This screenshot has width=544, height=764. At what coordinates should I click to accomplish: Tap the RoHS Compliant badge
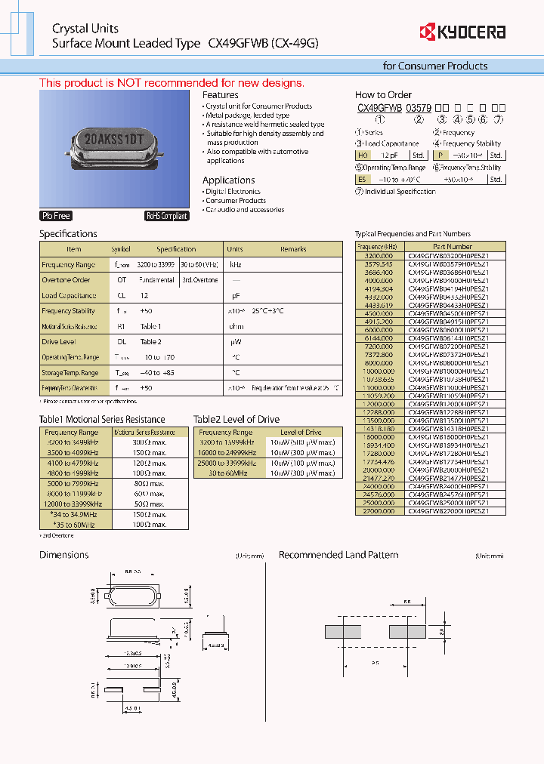166,216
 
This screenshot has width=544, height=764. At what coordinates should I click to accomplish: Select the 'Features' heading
220,95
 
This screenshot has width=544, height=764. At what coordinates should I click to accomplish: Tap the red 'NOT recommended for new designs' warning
172,83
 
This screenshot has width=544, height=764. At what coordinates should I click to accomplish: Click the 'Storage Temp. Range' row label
70,373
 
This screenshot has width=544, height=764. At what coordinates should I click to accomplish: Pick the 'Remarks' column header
293,249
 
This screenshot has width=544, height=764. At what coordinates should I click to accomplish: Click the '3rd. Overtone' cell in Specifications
199,280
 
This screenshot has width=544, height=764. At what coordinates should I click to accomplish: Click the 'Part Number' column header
453,247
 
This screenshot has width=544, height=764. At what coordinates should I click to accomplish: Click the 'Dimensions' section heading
64,555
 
